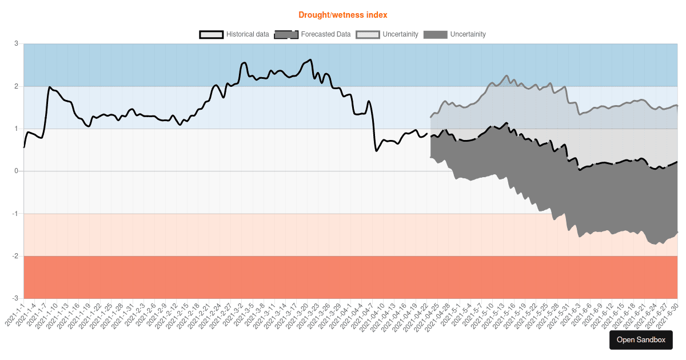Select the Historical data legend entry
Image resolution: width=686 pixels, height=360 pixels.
(234, 34)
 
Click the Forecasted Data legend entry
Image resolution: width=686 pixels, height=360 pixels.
(313, 34)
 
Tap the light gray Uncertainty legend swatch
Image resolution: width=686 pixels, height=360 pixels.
(367, 34)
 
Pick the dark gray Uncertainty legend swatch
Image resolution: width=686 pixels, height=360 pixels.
(435, 34)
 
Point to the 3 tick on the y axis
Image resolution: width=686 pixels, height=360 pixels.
(16, 44)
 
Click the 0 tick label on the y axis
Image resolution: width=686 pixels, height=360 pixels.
(16, 171)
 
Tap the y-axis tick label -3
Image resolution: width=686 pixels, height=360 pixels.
(15, 298)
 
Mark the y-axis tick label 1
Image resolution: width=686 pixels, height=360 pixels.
(16, 129)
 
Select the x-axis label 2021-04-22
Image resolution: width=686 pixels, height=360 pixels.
(416, 317)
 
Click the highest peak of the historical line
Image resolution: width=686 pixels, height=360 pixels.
(310, 59)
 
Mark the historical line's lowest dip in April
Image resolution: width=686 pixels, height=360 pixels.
(376, 150)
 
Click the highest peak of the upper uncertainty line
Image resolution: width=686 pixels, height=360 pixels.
(506, 75)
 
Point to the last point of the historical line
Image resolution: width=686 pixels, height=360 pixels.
(426, 134)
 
